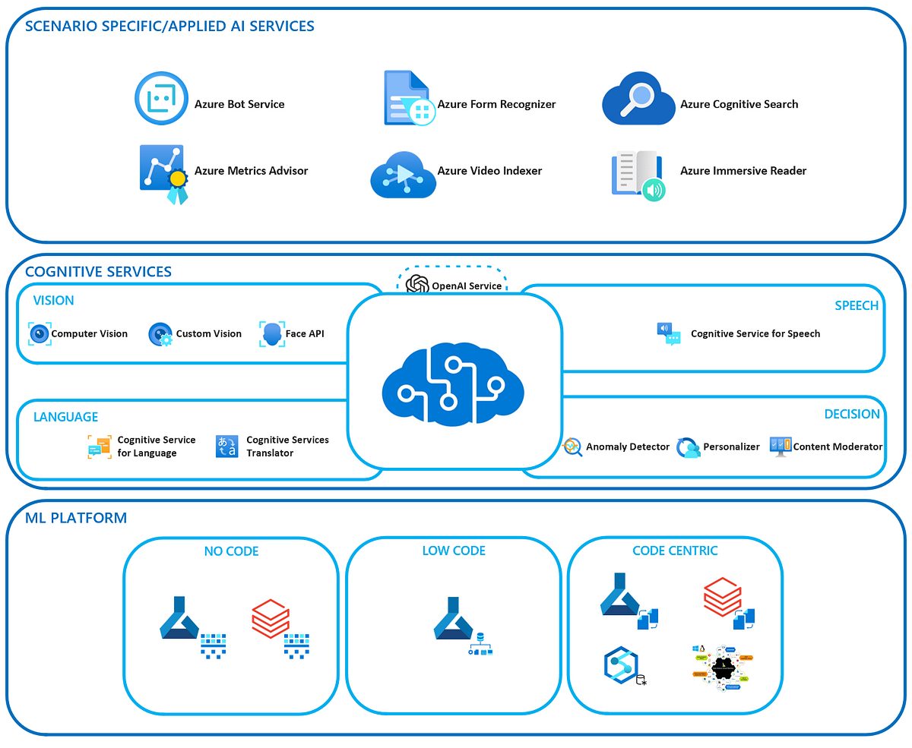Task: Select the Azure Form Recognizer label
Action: [496, 104]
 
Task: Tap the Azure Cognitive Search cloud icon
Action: [638, 99]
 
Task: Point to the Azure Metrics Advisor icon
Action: [162, 172]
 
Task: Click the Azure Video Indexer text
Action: [489, 171]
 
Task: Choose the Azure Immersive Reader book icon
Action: [638, 175]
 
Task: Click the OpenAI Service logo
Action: [417, 285]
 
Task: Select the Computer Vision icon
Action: [40, 333]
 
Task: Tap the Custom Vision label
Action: [208, 333]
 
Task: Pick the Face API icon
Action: [271, 333]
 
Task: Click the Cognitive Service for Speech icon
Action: [669, 333]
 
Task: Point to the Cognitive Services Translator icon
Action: [227, 446]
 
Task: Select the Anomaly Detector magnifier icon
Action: [572, 447]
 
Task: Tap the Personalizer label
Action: [731, 447]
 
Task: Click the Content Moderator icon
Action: [780, 446]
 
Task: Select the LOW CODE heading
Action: [454, 551]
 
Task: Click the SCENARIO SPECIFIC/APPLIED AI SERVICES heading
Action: [169, 26]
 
